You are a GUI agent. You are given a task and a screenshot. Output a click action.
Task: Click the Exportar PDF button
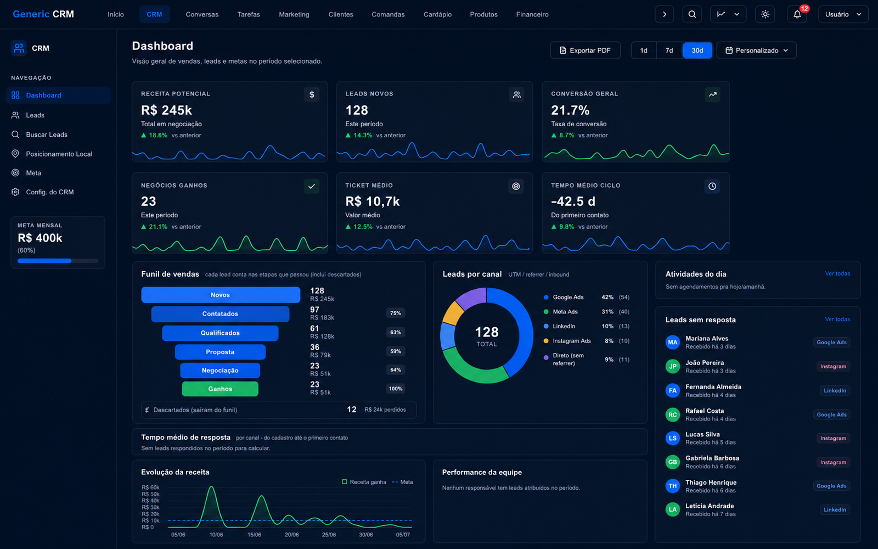tap(585, 50)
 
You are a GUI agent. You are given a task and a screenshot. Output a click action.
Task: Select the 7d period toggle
tap(669, 50)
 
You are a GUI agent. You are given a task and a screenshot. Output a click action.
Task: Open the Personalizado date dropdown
tap(757, 50)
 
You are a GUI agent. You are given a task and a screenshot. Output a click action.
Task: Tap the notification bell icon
tap(797, 14)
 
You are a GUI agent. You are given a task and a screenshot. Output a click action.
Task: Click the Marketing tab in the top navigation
tap(294, 14)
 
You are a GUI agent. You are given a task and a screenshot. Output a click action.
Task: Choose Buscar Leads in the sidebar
tap(47, 135)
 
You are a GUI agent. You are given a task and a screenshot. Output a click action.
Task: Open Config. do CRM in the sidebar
tap(50, 192)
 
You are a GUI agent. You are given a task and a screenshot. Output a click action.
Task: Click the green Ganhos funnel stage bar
tap(220, 389)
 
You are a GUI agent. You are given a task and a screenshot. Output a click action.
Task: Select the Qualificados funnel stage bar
tap(220, 333)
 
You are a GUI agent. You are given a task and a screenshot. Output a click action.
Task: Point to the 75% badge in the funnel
tap(396, 313)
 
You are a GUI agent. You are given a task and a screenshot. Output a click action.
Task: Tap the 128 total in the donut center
tap(486, 332)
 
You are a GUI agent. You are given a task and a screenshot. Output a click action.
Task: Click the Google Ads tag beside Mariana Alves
tap(831, 343)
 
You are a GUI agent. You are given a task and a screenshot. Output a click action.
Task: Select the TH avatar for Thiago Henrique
tap(673, 486)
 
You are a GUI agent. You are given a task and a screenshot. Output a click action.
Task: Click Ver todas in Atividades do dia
tap(837, 273)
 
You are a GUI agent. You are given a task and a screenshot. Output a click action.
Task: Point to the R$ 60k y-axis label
tap(150, 487)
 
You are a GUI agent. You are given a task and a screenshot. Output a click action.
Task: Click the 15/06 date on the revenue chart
tap(254, 535)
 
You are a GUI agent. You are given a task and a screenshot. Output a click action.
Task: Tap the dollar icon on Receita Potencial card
tap(312, 94)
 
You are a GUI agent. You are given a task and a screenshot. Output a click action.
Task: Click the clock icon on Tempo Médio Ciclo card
tap(712, 186)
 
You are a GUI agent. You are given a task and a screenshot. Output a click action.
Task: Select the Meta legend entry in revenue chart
tap(402, 482)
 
